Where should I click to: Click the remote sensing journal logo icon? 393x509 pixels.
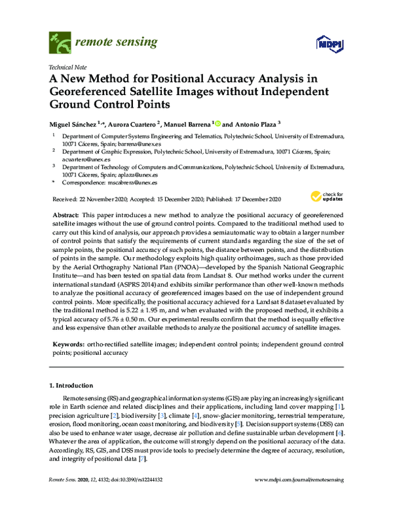click(60, 43)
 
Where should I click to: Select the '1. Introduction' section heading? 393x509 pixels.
click(74, 385)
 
